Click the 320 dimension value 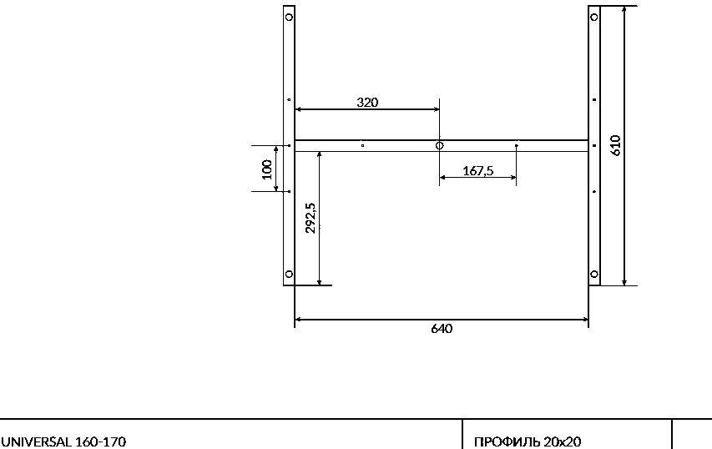(x=367, y=102)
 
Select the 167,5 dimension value (x=477, y=171)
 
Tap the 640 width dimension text (x=442, y=328)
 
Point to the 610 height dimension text (x=616, y=145)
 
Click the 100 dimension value (x=267, y=169)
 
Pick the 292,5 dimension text (x=311, y=218)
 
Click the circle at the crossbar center (x=439, y=146)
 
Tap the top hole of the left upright (x=289, y=18)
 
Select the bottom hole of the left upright (x=289, y=274)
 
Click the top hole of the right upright (x=594, y=18)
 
